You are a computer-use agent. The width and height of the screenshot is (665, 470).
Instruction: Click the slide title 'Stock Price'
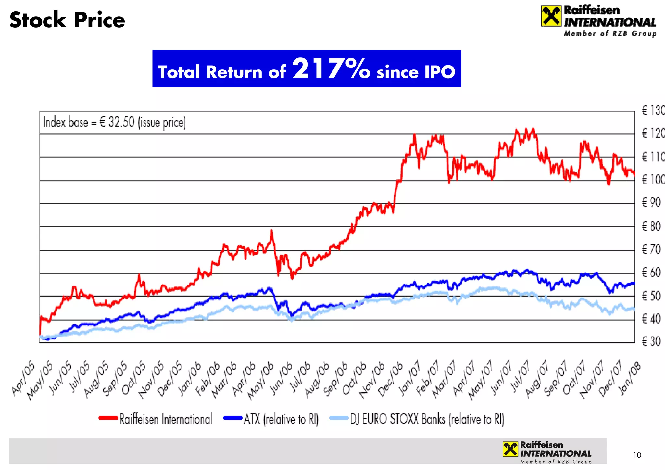(67, 20)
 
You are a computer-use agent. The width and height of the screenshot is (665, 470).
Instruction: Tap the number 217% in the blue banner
(331, 69)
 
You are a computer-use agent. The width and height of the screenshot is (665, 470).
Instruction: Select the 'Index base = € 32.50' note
(114, 122)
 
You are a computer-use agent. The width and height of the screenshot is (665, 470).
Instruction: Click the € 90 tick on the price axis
(651, 203)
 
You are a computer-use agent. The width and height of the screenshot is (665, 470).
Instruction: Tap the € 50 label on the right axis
(651, 296)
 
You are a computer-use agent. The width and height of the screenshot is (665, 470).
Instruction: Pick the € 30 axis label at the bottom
(651, 342)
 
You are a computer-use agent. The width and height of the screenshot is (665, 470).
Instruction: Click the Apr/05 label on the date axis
(23, 378)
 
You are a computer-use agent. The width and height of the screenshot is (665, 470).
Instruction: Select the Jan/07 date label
(410, 378)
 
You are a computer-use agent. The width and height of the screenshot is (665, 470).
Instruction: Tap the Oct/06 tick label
(355, 378)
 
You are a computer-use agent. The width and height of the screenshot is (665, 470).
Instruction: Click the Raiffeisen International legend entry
(156, 418)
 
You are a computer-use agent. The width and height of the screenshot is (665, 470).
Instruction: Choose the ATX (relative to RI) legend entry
(271, 419)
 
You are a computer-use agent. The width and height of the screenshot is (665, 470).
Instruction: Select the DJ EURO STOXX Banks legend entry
(417, 419)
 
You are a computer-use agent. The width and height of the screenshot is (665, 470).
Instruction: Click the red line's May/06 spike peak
(271, 231)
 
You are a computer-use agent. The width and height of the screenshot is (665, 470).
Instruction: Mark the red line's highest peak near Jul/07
(533, 129)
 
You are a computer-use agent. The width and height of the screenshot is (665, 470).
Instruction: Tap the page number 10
(637, 455)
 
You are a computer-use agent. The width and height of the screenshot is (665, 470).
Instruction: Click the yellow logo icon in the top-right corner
(551, 16)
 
